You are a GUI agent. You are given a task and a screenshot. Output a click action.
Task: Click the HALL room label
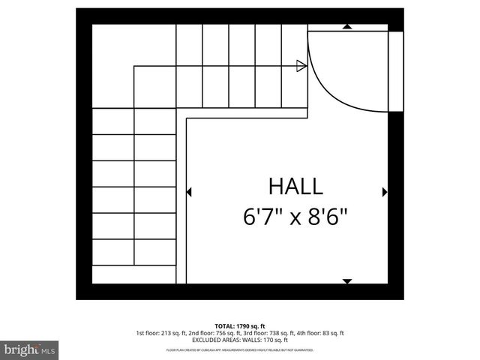point(295,187)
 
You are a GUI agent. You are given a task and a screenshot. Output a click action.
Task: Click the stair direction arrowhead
point(301,66)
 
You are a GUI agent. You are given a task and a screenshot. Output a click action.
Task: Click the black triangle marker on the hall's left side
point(188,192)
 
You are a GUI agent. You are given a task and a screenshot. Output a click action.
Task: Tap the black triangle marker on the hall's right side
point(384,192)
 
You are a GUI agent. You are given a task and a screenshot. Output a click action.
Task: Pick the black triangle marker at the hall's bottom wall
point(346,281)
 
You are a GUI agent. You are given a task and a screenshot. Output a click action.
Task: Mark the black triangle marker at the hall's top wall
point(346,27)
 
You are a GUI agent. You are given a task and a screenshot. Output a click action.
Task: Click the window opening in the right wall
point(396,71)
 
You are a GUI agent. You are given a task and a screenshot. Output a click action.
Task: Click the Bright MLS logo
point(29,349)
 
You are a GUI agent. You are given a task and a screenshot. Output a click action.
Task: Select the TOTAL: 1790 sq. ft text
point(239,326)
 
